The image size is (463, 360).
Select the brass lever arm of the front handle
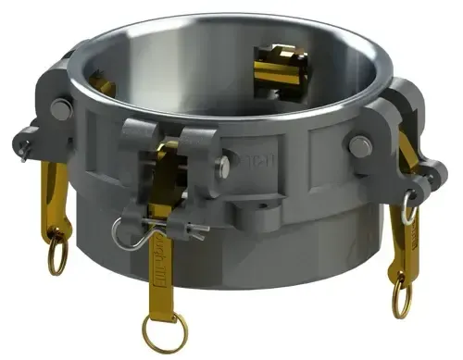click(x=164, y=250)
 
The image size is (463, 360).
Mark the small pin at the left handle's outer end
click(x=20, y=141)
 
